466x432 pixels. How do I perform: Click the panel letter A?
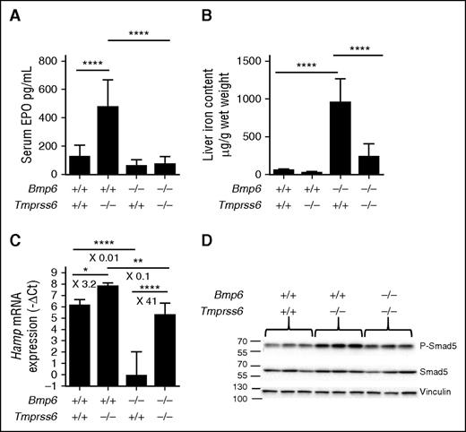(x=15, y=11)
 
